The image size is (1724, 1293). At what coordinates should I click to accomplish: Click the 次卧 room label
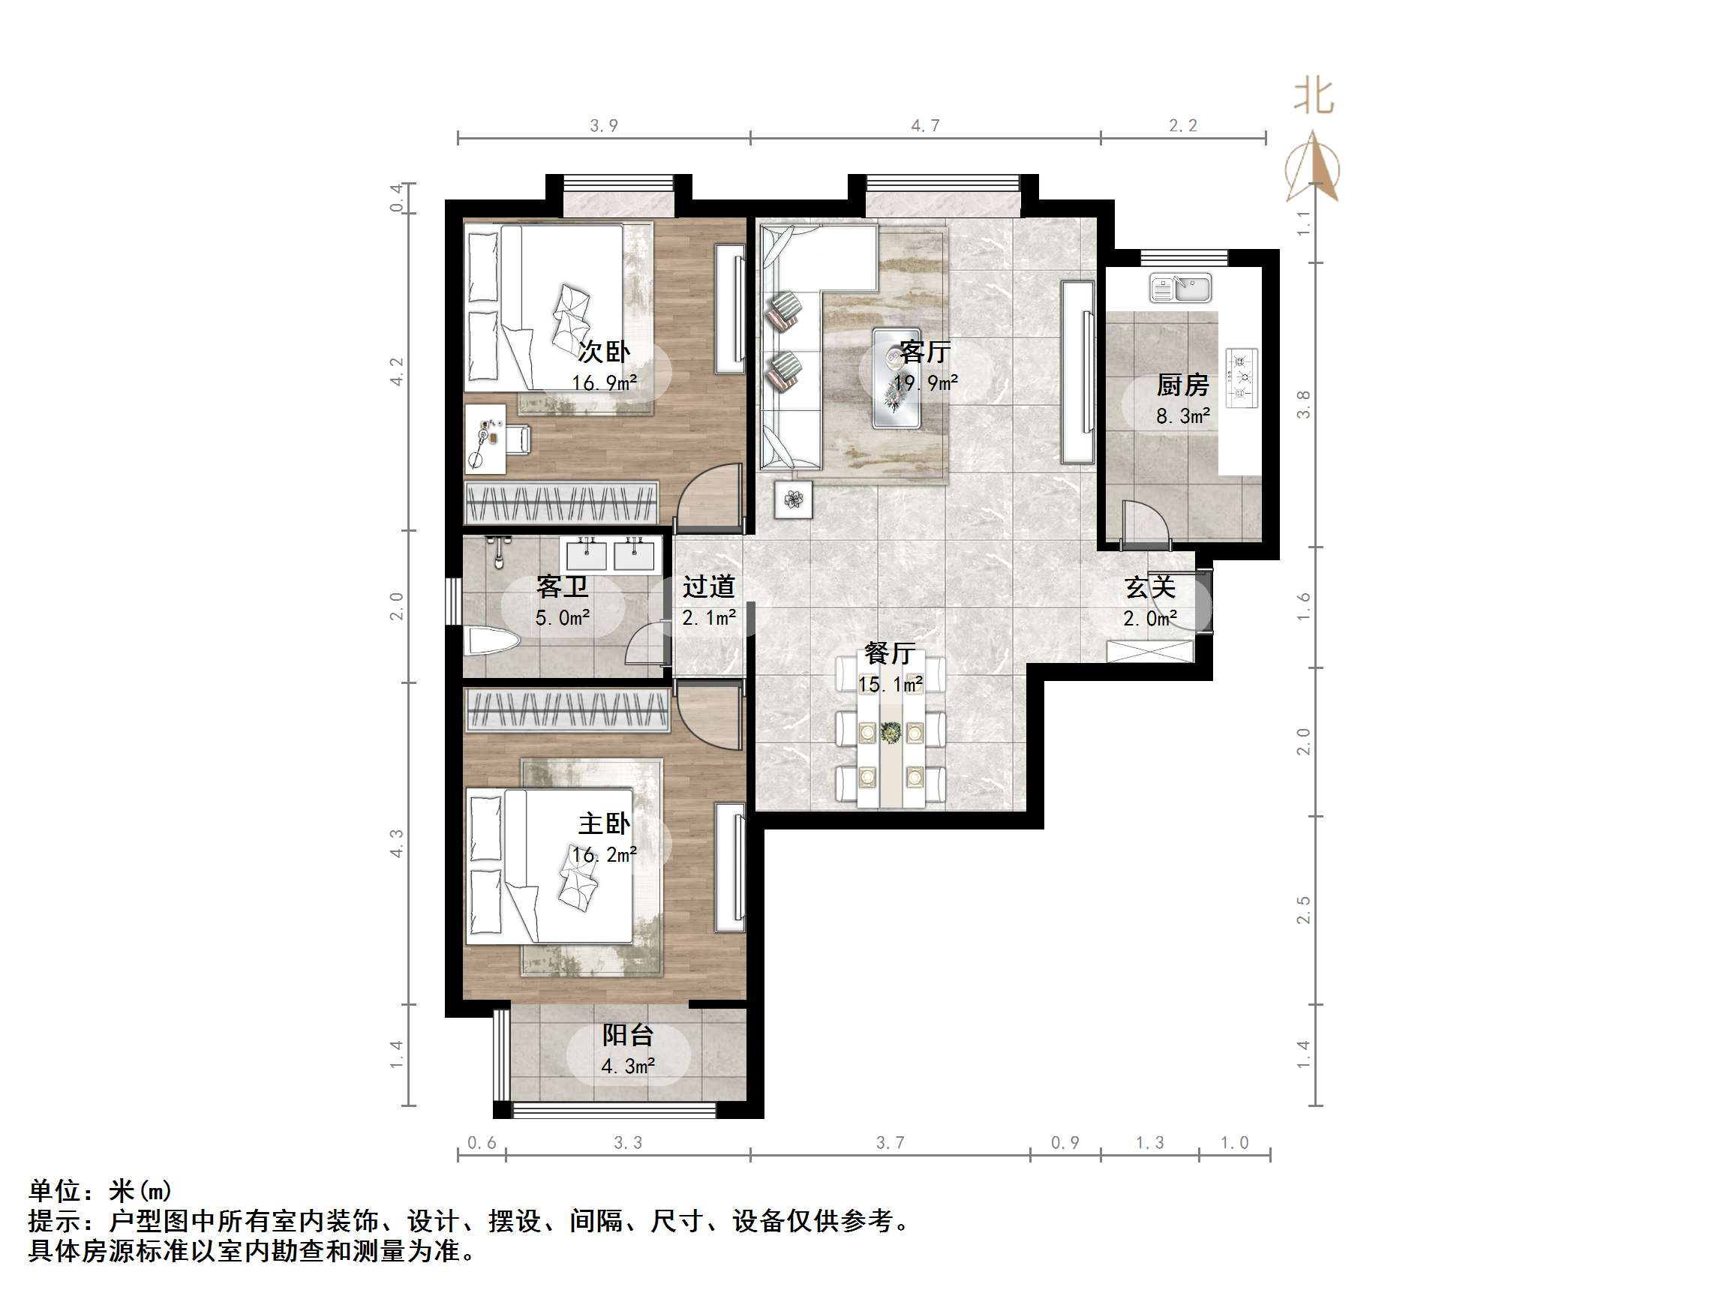[603, 352]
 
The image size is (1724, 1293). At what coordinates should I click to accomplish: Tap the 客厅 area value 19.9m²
[925, 382]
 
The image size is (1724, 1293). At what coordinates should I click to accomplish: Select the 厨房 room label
[1182, 385]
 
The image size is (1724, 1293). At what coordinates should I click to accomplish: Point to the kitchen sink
[1180, 287]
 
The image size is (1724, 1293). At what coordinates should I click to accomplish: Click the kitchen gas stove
[1242, 378]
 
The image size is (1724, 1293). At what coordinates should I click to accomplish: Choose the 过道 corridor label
[708, 586]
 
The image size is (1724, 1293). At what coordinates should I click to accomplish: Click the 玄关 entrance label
[1149, 588]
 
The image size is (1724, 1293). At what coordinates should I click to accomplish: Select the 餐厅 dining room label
[889, 653]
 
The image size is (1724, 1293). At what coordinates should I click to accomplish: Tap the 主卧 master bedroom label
[604, 823]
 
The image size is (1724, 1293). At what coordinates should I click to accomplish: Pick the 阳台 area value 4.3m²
[627, 1066]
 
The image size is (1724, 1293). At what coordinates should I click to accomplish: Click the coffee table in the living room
[897, 379]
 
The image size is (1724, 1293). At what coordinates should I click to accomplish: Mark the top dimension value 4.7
[925, 125]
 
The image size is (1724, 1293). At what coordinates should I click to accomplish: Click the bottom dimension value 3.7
[890, 1142]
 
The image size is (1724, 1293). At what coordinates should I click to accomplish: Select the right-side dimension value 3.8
[1303, 404]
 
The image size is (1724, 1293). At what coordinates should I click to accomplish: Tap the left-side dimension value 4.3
[397, 843]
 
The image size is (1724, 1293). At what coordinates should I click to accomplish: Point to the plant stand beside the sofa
[794, 499]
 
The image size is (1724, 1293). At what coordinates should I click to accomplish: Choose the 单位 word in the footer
[56, 1191]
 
